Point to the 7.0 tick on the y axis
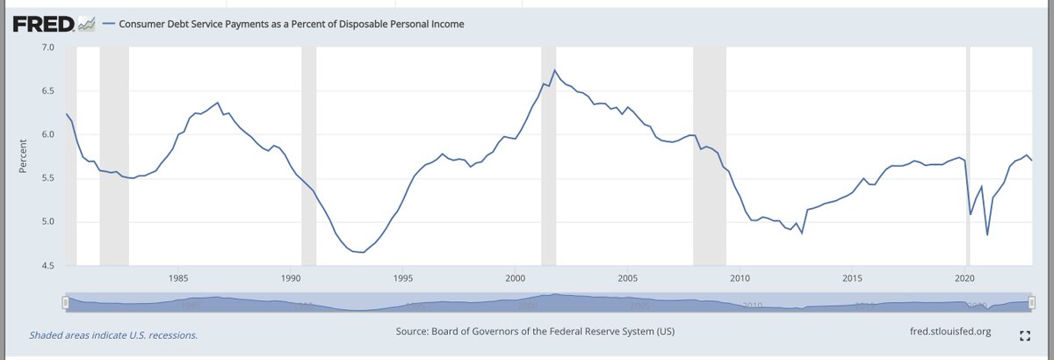pyautogui.click(x=47, y=47)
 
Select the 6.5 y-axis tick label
pyautogui.click(x=47, y=91)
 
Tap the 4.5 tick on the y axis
pyautogui.click(x=47, y=265)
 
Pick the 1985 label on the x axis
pyautogui.click(x=177, y=278)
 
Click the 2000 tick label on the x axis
pyautogui.click(x=516, y=278)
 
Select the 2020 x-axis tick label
pyautogui.click(x=965, y=278)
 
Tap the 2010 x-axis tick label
pyautogui.click(x=740, y=278)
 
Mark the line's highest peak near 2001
pyautogui.click(x=554, y=70)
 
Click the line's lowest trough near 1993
pyautogui.click(x=362, y=252)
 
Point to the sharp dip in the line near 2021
pyautogui.click(x=987, y=234)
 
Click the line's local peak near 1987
pyautogui.click(x=218, y=103)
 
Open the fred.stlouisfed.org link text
pyautogui.click(x=952, y=332)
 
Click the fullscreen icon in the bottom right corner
pyautogui.click(x=1024, y=335)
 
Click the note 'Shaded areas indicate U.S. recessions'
pyautogui.click(x=113, y=335)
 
